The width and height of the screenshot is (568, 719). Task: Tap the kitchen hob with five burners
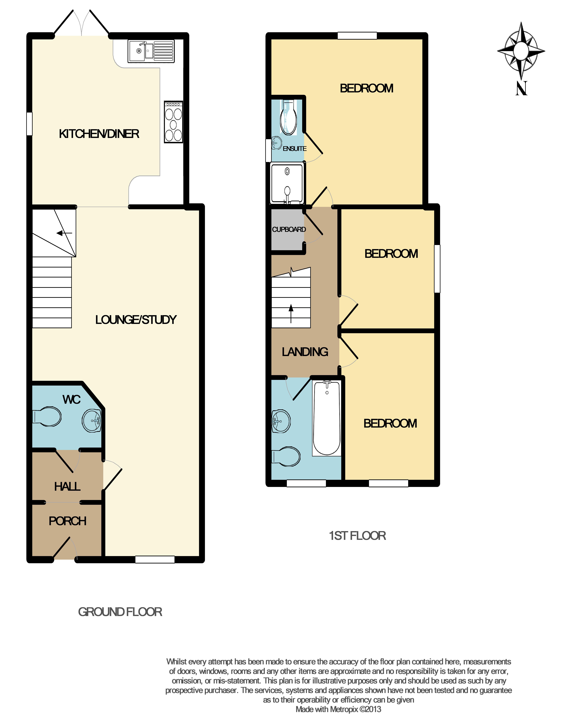pyautogui.click(x=173, y=122)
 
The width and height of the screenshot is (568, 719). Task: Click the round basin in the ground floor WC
pyautogui.click(x=91, y=421)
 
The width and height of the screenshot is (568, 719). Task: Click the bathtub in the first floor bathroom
pyautogui.click(x=327, y=418)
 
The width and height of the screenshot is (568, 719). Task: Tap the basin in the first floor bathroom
pyautogui.click(x=281, y=421)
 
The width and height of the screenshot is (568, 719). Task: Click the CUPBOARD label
pyautogui.click(x=289, y=229)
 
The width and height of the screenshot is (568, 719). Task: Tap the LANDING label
pyautogui.click(x=305, y=352)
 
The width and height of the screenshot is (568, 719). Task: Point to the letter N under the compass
pyautogui.click(x=521, y=88)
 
